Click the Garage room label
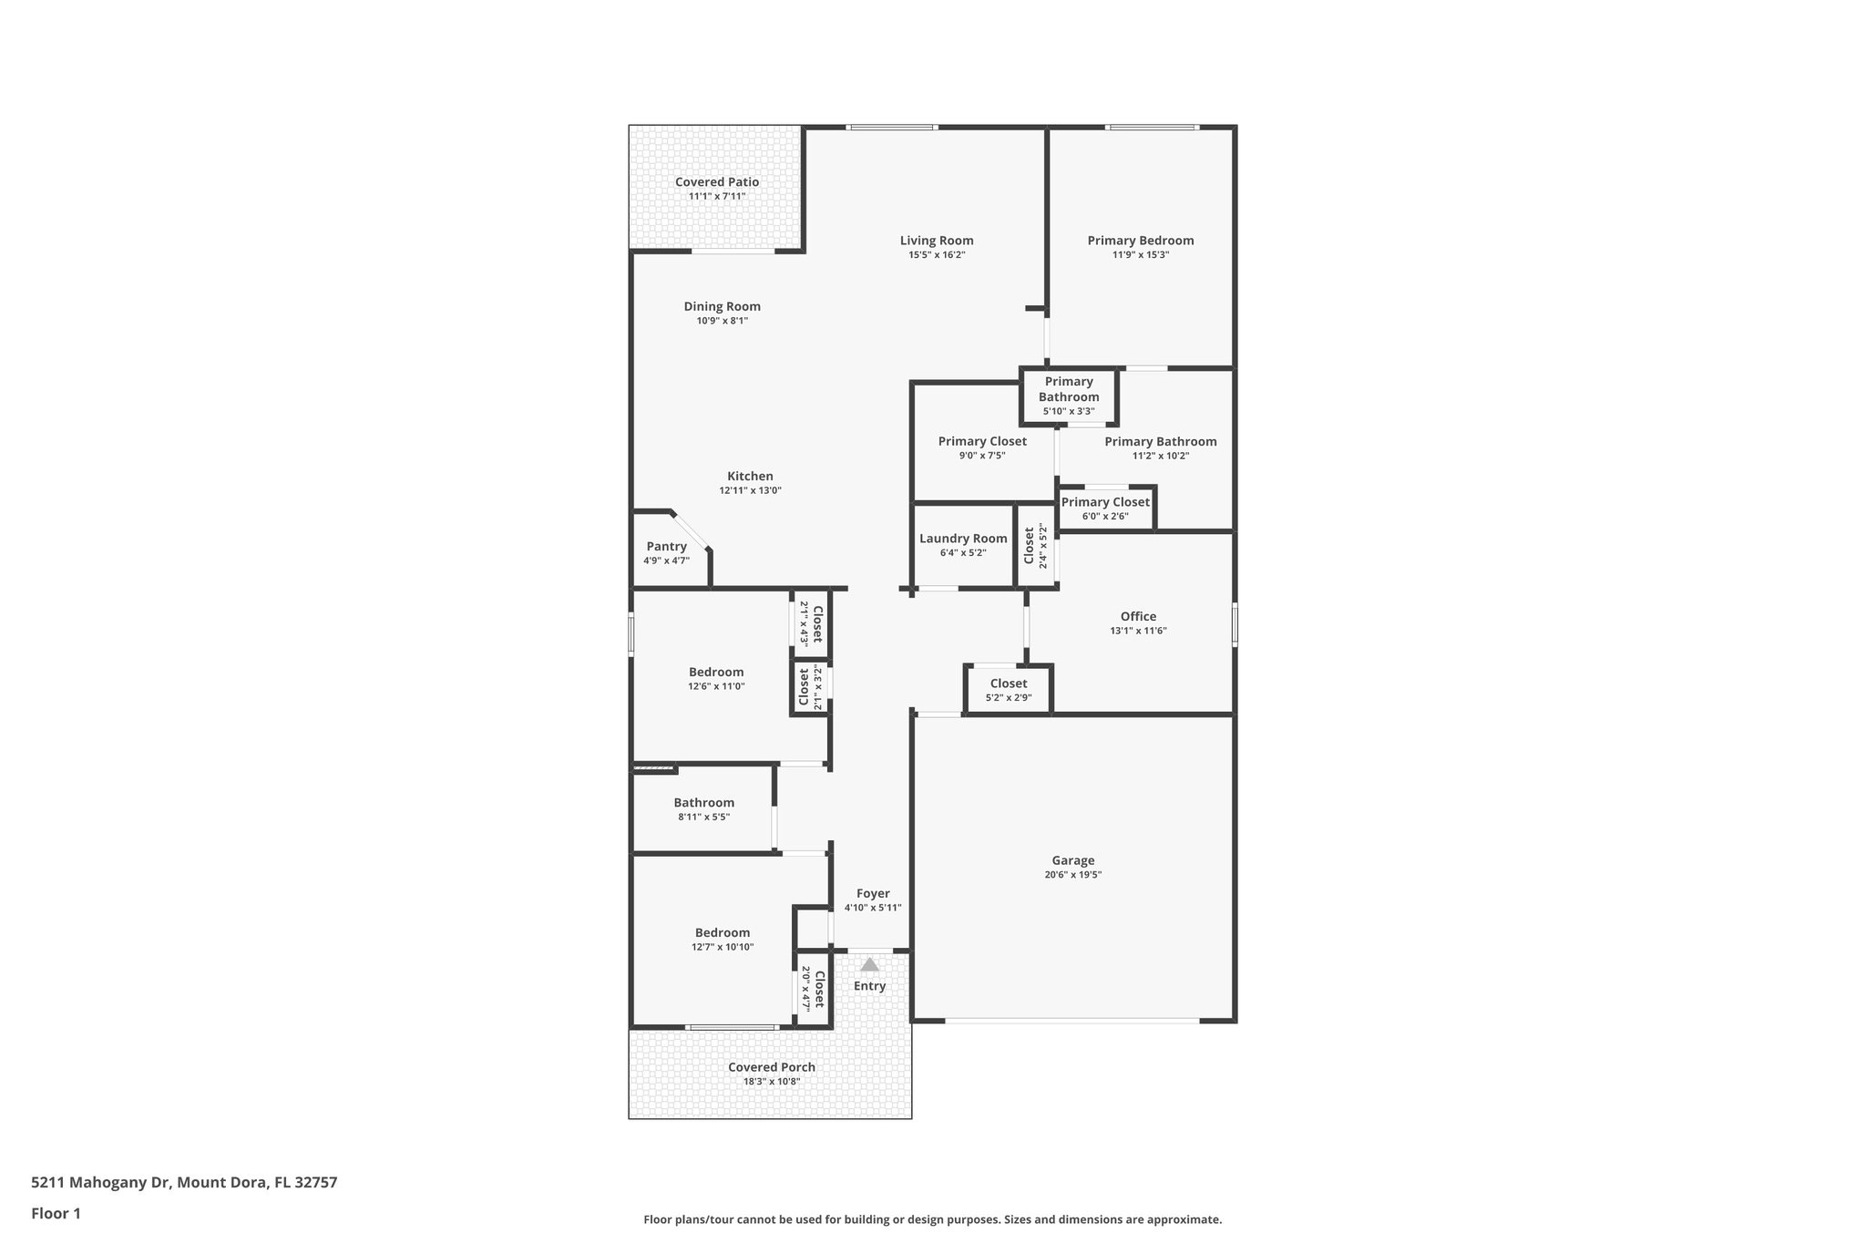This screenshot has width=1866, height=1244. [1072, 860]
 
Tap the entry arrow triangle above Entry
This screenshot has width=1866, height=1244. [870, 964]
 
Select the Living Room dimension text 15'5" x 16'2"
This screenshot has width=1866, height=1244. [937, 255]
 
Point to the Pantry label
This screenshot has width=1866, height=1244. [666, 546]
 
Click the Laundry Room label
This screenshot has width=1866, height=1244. [963, 539]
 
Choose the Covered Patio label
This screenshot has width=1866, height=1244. [717, 182]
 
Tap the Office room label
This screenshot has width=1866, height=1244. [1138, 617]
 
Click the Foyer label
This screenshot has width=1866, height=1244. [873, 894]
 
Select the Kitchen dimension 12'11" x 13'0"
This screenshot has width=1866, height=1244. [750, 490]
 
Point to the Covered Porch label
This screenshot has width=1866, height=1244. [772, 1067]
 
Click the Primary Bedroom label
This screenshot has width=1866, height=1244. [1140, 241]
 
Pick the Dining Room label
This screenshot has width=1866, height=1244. [722, 306]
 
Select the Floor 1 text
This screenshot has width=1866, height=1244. [56, 1213]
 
